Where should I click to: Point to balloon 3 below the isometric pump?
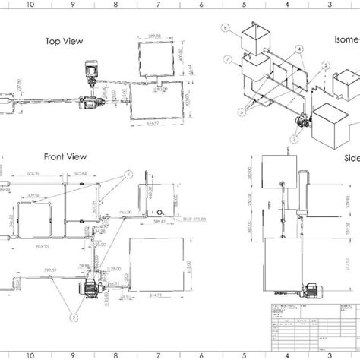[x=293, y=140]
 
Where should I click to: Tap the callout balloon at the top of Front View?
[x=125, y=173]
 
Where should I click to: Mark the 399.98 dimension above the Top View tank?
[x=156, y=36]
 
